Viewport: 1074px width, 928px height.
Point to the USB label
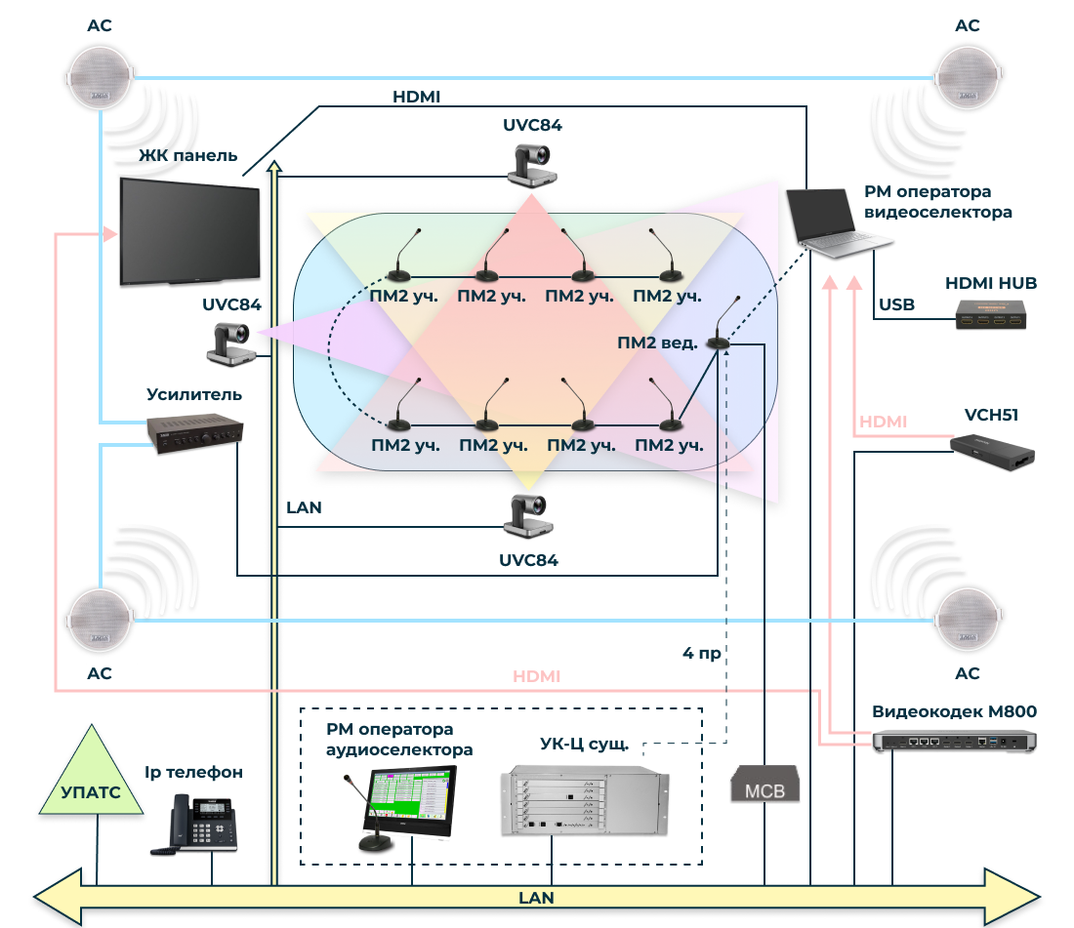tap(896, 304)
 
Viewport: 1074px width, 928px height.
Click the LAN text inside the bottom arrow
tap(536, 897)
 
